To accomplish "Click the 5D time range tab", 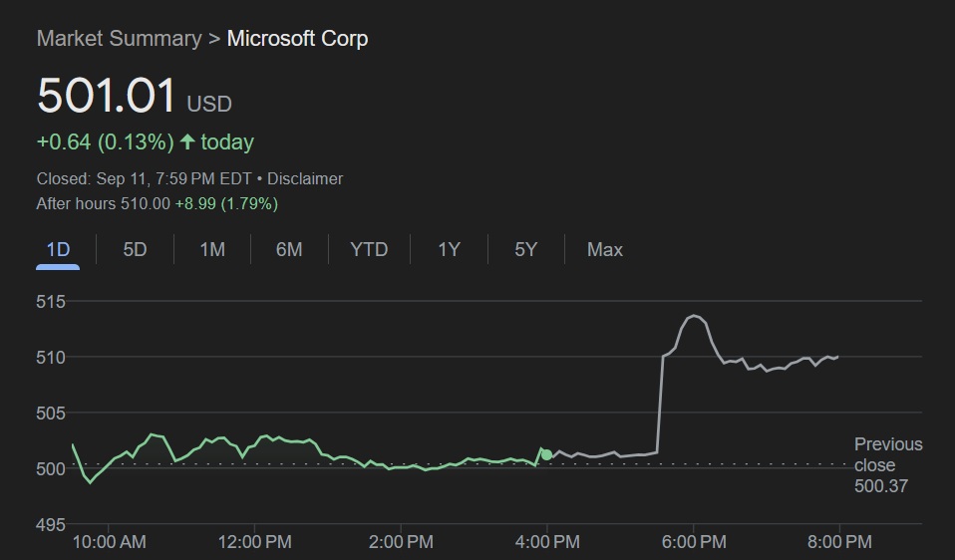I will click(x=135, y=249).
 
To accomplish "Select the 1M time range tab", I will click(x=211, y=249).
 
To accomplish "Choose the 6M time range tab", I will click(x=289, y=249).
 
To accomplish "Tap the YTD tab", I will click(x=369, y=249).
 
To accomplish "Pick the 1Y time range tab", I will click(x=450, y=249).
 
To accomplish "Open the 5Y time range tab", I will click(x=526, y=249).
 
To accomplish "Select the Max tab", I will click(x=605, y=249).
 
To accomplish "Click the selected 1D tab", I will click(x=59, y=249).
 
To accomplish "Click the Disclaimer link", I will click(x=305, y=178).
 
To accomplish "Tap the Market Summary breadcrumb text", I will click(x=119, y=39).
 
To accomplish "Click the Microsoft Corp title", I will click(x=297, y=39).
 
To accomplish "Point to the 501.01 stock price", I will click(x=107, y=97).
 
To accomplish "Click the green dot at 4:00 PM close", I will click(x=546, y=454).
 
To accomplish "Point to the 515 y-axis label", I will click(x=51, y=301).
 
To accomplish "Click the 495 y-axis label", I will click(x=51, y=524).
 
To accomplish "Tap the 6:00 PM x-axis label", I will click(x=693, y=542).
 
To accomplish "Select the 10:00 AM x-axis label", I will click(x=109, y=542).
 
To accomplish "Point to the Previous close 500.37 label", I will click(x=887, y=465).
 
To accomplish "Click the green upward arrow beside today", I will click(x=186, y=142).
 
